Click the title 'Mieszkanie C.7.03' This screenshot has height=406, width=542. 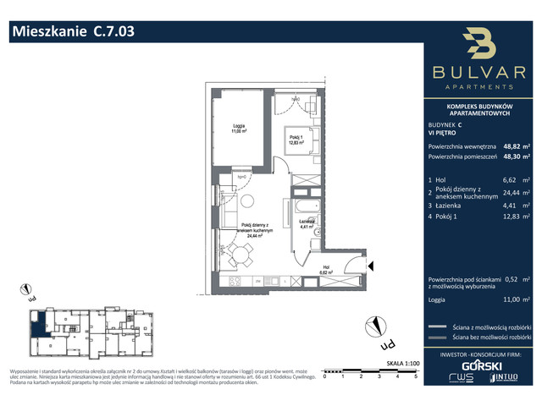tap(72, 33)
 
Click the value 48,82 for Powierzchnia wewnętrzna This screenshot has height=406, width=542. tap(512, 145)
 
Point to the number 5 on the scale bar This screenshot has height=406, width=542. tap(416, 378)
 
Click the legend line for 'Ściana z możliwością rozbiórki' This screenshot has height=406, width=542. tap(437, 326)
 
